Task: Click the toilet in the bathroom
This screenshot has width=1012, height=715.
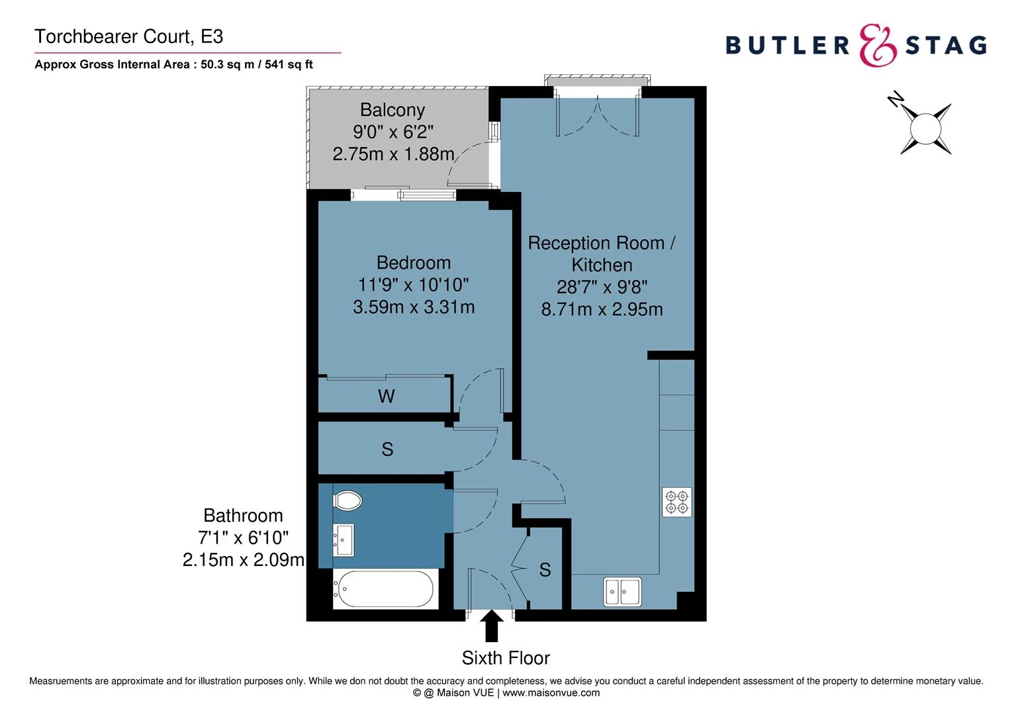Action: click(347, 501)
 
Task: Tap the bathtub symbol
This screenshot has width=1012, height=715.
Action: click(385, 589)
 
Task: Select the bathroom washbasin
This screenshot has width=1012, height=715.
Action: click(344, 540)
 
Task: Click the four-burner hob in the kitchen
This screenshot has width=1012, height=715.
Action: click(677, 502)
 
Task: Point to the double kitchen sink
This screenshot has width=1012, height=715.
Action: click(622, 591)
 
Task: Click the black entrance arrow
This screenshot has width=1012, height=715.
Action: click(491, 626)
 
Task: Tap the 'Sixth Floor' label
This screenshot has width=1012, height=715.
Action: click(506, 658)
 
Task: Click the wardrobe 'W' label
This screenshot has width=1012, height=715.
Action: click(386, 397)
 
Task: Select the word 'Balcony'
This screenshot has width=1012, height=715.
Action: click(392, 110)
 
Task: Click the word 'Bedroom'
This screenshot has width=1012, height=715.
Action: click(414, 263)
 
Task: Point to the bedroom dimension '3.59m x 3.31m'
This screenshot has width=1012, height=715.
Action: click(414, 307)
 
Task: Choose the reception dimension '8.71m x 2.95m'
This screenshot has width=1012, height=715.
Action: click(602, 309)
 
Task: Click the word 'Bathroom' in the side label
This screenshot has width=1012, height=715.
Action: click(243, 516)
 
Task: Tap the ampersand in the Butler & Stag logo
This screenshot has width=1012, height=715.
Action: click(878, 46)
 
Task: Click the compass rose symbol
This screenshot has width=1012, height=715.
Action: click(925, 128)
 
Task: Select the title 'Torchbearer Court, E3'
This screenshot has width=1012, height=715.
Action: click(129, 37)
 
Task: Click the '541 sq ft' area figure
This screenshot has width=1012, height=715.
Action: click(289, 65)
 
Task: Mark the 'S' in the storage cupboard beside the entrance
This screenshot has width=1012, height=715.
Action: click(545, 570)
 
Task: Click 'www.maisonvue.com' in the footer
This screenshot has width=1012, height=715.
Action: click(551, 693)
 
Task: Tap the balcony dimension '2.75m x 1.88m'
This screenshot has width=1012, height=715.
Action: click(393, 154)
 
